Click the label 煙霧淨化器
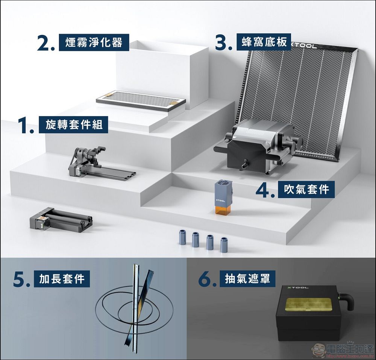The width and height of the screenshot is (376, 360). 94,42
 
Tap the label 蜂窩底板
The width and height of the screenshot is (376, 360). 264,42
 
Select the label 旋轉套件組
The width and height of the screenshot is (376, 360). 74,125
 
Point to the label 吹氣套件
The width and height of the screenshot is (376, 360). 306,189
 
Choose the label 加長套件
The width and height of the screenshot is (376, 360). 62,279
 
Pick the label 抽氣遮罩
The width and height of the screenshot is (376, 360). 247,279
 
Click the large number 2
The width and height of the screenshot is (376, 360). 45,43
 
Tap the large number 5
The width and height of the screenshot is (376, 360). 21,279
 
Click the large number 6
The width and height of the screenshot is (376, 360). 207,279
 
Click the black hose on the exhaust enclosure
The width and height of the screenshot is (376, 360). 347,301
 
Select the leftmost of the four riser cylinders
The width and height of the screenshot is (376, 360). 182,237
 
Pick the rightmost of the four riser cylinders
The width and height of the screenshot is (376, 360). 224,245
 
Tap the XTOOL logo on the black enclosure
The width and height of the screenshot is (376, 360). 298,287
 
